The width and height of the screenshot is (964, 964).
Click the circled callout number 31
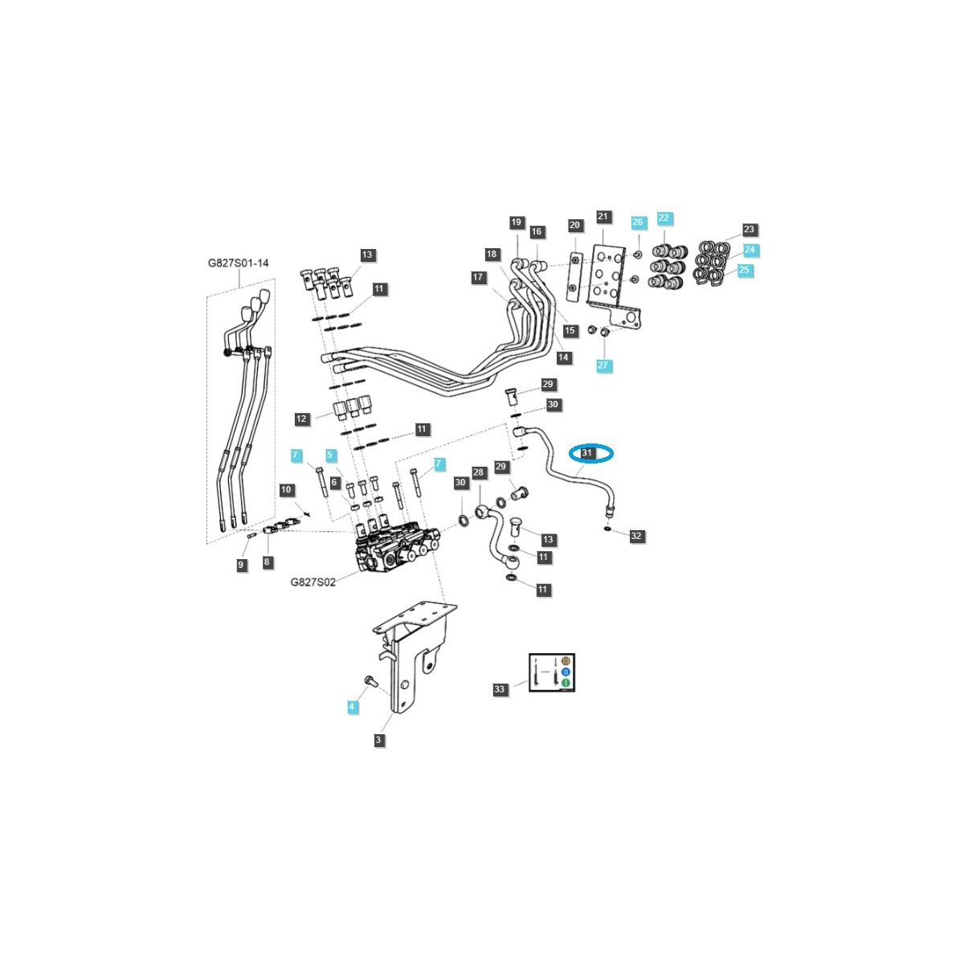587,454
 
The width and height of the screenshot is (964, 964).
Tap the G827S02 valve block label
312,582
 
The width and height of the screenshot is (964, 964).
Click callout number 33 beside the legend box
500,689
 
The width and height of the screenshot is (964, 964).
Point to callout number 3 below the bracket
379,740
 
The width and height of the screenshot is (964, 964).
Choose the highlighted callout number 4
351,707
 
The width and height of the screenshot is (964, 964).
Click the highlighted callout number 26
637,223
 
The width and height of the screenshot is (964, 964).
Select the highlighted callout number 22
664,218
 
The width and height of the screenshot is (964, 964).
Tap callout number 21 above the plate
603,216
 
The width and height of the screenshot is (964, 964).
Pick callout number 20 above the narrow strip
574,226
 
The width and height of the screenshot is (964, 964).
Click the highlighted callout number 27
604,366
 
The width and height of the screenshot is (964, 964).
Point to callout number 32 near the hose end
636,535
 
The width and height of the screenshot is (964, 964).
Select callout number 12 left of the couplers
301,419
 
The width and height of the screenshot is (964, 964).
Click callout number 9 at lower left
240,566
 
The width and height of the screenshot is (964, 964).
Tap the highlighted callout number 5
329,455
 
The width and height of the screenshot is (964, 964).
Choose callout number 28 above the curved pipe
479,472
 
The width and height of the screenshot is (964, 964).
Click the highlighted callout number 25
744,270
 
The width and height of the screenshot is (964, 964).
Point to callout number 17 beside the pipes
479,277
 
